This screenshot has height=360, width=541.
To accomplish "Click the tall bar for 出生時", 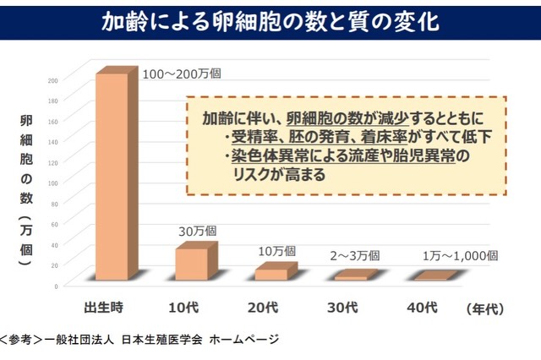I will (x=111, y=177).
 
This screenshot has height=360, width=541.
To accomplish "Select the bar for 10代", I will (x=191, y=264).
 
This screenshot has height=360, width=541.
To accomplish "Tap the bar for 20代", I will (x=271, y=274).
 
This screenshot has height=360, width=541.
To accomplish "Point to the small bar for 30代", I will (x=351, y=277).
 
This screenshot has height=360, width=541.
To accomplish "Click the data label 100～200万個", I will (x=182, y=74).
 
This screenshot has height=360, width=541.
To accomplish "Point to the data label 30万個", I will (x=197, y=231).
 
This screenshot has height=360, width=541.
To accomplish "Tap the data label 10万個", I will (x=276, y=251).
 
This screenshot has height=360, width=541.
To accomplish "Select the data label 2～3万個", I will (x=355, y=255).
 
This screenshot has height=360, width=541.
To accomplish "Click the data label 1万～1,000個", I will (x=460, y=255).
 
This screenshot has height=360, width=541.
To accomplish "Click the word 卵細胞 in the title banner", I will (x=251, y=20).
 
